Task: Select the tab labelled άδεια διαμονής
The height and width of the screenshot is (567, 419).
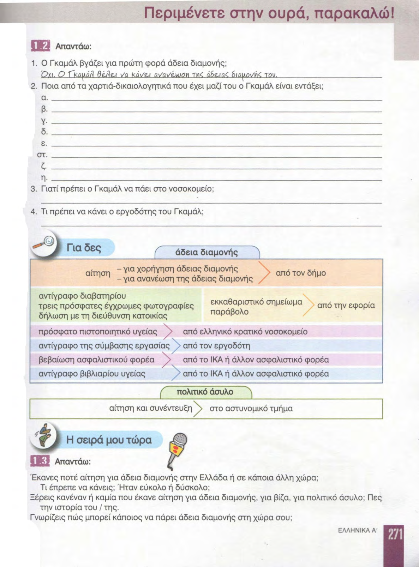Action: point(206,252)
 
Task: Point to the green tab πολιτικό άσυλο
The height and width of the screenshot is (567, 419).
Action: point(205,392)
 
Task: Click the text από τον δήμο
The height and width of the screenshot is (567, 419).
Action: point(301,273)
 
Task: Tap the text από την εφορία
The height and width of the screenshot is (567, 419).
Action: point(346,306)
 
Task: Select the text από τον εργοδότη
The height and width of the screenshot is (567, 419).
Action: point(216,346)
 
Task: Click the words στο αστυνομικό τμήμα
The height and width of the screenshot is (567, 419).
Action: point(251,409)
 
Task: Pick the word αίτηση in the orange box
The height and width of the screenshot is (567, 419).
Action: point(98,273)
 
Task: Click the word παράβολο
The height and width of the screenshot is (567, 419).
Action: point(229,312)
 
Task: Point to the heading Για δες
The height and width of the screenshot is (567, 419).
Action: point(84,248)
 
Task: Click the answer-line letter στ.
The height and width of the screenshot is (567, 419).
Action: point(42,155)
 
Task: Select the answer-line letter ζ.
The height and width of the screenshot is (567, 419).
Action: point(44,166)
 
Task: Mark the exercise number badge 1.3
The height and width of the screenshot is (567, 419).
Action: point(40,461)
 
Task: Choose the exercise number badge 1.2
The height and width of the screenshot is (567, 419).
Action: point(41,46)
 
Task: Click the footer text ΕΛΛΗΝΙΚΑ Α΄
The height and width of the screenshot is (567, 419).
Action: point(358,530)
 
